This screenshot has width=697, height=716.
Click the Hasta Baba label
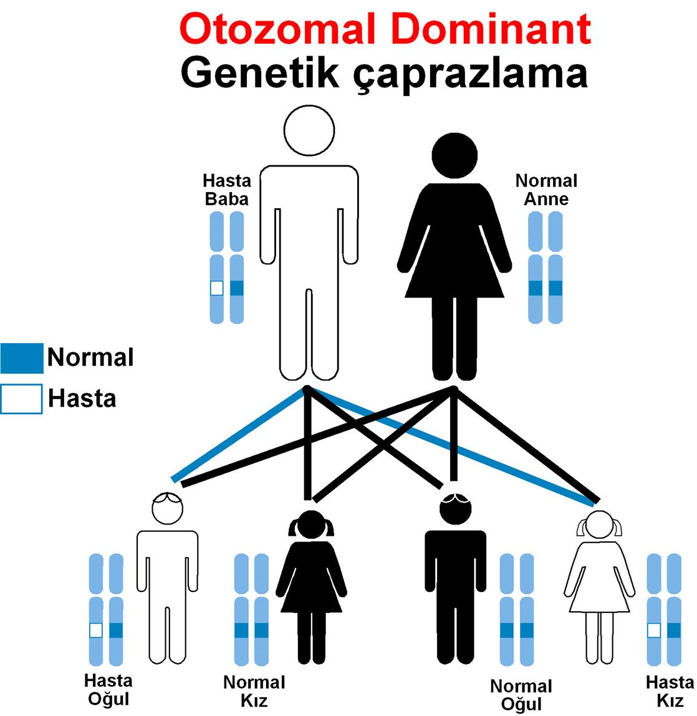pos(227,190)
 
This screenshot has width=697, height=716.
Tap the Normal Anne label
pos(546,190)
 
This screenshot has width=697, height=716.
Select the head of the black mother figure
pos(454,154)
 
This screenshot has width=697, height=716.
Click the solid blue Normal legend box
pos(22,358)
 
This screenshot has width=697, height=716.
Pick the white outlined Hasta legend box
pos(22,399)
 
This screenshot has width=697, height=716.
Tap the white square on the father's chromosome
pos(216,288)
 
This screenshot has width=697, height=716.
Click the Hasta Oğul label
pos(108,689)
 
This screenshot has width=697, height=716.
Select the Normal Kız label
pos(254,691)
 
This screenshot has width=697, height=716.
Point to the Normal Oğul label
pos(521,695)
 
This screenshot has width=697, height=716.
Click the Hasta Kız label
pos(670,691)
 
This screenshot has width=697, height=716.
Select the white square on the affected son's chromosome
pos(95,631)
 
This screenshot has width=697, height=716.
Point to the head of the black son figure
pos(455,508)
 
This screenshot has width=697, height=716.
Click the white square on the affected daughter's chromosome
pos(653,631)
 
